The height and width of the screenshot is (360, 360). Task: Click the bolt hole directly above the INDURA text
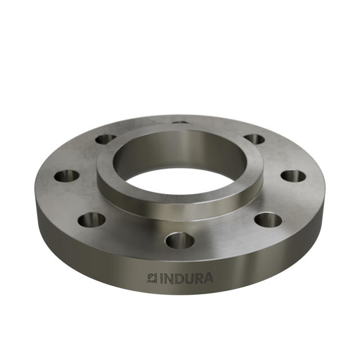tap(179, 240)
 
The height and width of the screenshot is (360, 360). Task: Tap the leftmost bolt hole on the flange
tap(67, 176)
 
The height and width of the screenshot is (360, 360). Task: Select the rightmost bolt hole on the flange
tap(293, 176)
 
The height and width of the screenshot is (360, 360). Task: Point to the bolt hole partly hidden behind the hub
tap(180, 121)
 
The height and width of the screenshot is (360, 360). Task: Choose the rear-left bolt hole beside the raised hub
tap(105, 138)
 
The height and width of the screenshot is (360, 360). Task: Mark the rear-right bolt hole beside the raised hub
tap(255, 138)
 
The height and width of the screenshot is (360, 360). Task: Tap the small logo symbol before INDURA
tap(150, 277)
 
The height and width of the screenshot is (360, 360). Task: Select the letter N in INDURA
tap(168, 278)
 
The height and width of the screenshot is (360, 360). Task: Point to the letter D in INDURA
tap(179, 278)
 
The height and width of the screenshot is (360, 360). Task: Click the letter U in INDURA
tap(190, 278)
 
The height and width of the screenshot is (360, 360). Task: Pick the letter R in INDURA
tap(200, 278)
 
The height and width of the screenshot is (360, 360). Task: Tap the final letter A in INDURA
tap(209, 277)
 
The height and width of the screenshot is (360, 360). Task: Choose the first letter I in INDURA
tap(160, 278)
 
